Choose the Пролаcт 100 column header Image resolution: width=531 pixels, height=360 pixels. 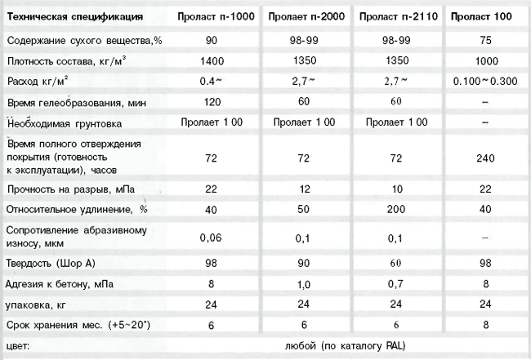click(485, 17)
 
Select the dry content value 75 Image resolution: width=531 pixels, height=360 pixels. click(485, 40)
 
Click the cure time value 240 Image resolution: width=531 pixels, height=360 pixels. click(485, 157)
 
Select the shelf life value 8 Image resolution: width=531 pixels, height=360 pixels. click(485, 326)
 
